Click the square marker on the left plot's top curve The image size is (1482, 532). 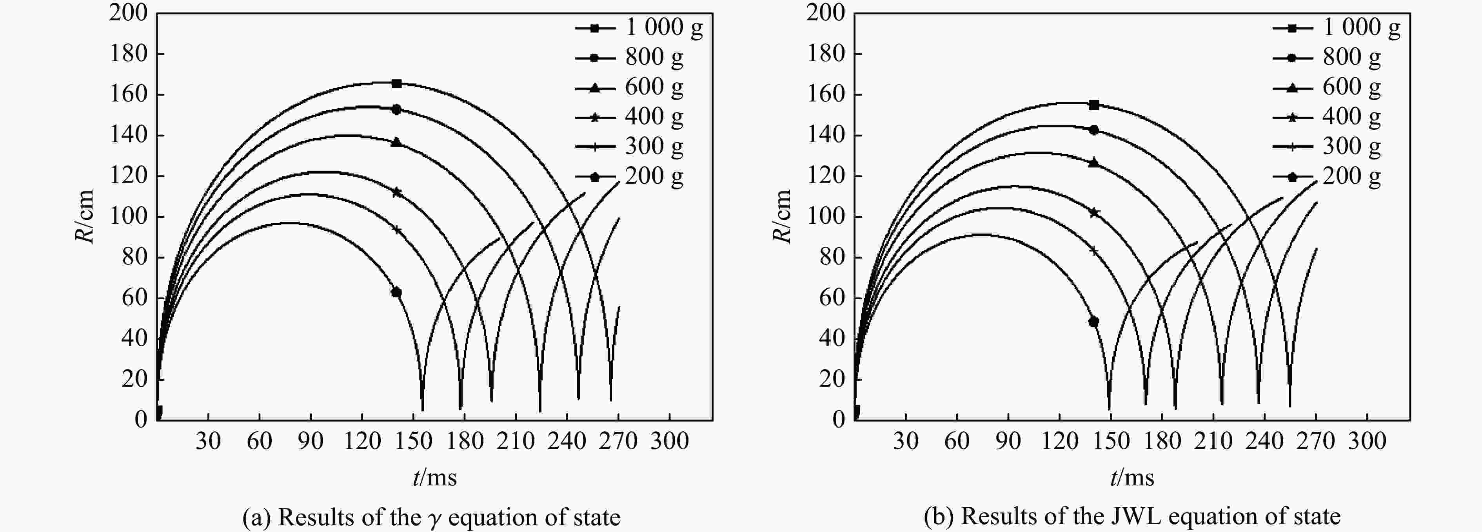pyautogui.click(x=396, y=83)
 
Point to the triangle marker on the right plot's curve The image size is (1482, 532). pyautogui.click(x=1094, y=163)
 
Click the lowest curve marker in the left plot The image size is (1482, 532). pyautogui.click(x=396, y=292)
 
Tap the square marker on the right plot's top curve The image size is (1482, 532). pyautogui.click(x=1094, y=105)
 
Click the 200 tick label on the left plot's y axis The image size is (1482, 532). pyautogui.click(x=128, y=12)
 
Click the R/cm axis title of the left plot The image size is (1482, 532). pyautogui.click(x=85, y=217)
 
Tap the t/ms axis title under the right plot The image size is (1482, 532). pyautogui.click(x=1131, y=478)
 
